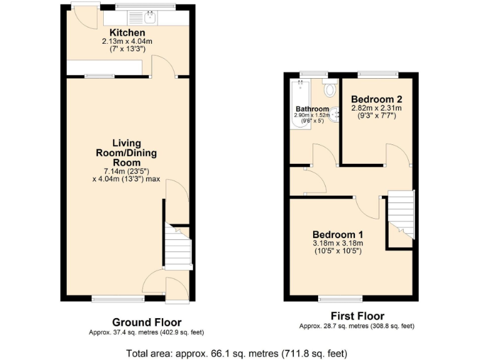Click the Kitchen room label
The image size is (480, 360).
tap(127, 32)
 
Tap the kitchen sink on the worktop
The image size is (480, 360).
tap(150, 17)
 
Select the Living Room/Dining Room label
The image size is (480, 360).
tap(126, 152)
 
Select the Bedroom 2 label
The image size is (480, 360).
tap(376, 99)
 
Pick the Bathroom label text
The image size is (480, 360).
tap(312, 109)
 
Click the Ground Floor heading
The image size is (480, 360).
tap(139, 322)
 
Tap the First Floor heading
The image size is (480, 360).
tap(357, 316)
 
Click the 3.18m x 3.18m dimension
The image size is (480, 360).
tap(337, 243)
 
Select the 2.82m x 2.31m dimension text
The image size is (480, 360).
tap(376, 108)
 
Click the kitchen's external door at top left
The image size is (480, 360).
tap(84, 19)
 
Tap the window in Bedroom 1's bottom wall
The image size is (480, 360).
tap(340, 298)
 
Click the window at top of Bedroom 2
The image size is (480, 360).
tap(377, 74)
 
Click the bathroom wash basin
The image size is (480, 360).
tap(336, 114)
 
